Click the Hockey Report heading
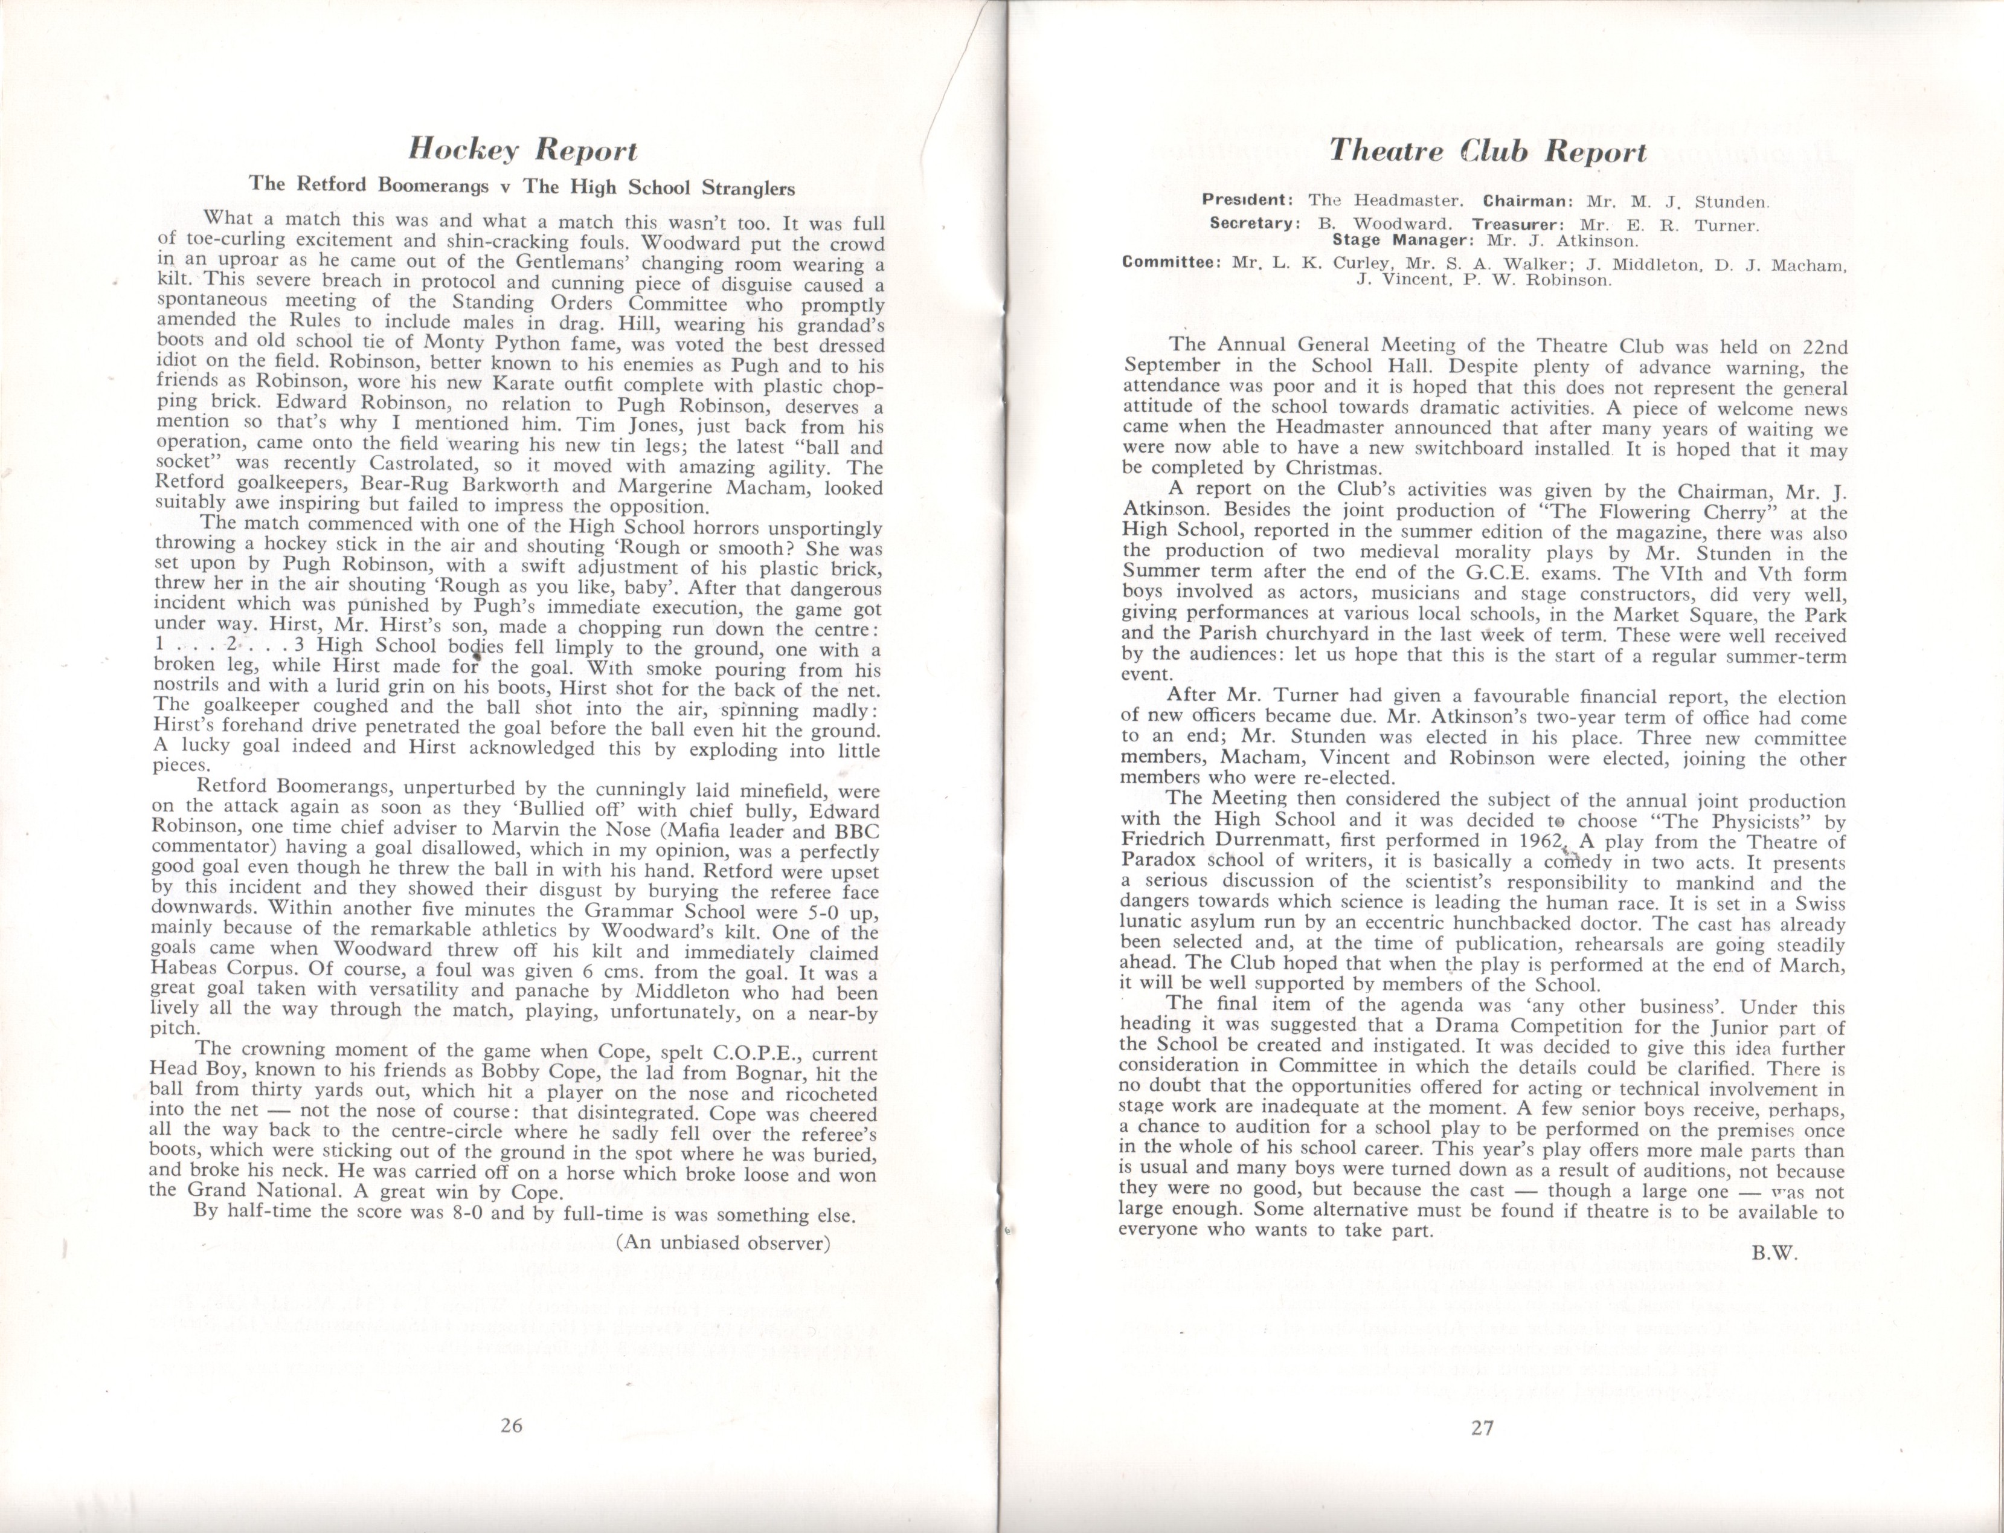coord(522,148)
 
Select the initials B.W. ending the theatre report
coord(1773,1254)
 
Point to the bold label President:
coord(1247,199)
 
